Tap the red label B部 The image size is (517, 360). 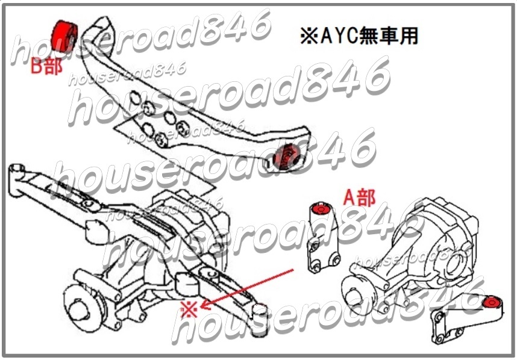point(46,66)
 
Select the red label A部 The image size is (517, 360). point(359,197)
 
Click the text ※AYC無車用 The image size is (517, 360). point(359,36)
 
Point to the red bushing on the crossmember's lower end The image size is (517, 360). point(286,156)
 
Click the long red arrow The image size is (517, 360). point(247,289)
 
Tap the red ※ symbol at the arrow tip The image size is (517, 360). point(189,309)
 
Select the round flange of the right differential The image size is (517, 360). point(359,293)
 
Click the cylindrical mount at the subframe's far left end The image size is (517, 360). point(16,179)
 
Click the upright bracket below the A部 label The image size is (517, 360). point(323,238)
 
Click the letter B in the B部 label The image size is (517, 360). point(36,66)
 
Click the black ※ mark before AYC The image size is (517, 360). point(309,36)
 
